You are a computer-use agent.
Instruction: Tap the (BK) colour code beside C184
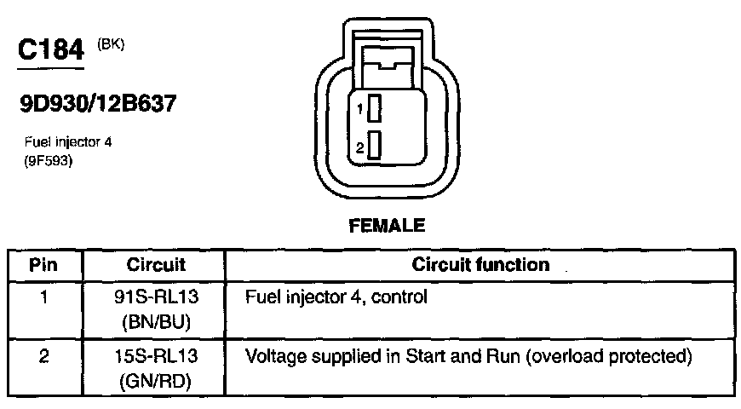click(112, 44)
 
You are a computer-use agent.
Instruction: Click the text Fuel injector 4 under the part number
click(67, 142)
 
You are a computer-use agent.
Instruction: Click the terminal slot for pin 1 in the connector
click(374, 109)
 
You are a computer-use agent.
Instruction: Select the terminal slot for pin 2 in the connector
click(374, 148)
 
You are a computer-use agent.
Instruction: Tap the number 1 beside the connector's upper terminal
click(361, 109)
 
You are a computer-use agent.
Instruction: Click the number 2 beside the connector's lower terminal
click(361, 148)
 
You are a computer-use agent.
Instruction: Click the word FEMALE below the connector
click(388, 226)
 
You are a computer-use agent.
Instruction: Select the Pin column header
click(43, 265)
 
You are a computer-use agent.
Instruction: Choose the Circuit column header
click(156, 265)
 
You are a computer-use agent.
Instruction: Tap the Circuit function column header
click(481, 265)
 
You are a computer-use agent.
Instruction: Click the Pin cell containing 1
click(43, 299)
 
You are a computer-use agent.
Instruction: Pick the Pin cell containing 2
click(43, 355)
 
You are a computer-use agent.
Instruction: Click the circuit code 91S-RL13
click(156, 299)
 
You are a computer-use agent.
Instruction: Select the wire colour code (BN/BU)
click(156, 321)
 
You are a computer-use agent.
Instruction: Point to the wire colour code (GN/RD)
click(156, 377)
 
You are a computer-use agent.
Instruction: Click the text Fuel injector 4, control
click(336, 299)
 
